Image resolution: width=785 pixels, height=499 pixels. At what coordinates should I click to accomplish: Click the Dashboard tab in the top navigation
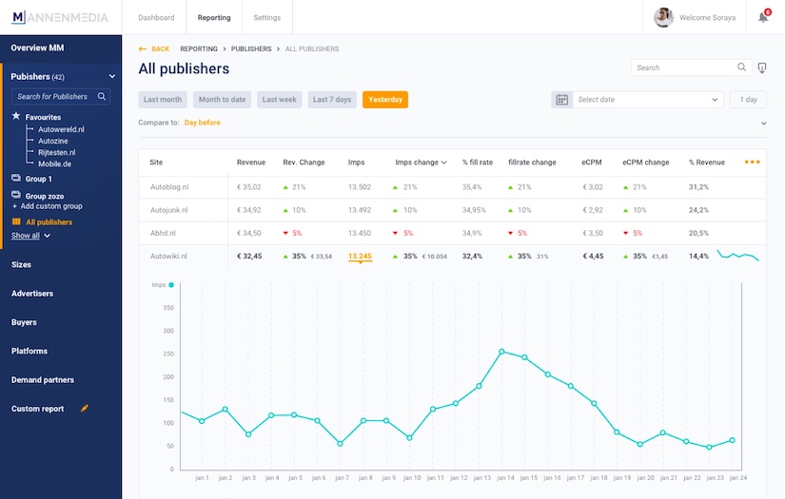[156, 17]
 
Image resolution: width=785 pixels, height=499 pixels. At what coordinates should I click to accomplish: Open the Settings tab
[266, 17]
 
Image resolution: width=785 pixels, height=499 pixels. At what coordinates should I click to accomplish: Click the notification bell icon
[762, 17]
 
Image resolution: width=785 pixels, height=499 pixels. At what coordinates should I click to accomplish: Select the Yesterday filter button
[385, 100]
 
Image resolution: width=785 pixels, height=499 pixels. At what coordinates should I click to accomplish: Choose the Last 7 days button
[332, 100]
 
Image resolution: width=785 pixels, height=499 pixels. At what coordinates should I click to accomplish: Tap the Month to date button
[222, 100]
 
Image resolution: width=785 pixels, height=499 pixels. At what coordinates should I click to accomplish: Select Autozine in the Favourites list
[54, 140]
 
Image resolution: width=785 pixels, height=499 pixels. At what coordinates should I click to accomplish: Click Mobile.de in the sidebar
[54, 163]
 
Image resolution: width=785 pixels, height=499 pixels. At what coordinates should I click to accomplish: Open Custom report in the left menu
[38, 409]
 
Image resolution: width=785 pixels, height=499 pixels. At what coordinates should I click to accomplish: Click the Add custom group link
[51, 206]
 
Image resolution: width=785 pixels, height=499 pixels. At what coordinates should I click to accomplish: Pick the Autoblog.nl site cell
[169, 187]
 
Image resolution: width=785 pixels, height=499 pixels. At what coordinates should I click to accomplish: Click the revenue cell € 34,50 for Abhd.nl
[249, 233]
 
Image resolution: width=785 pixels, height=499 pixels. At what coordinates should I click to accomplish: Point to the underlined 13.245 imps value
[360, 256]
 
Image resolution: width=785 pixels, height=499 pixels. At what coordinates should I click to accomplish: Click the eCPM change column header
[646, 163]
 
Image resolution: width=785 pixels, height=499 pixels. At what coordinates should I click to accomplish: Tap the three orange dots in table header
[752, 163]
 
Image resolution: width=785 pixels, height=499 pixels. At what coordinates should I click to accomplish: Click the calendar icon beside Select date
[561, 100]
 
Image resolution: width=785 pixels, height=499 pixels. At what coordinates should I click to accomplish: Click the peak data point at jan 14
[501, 351]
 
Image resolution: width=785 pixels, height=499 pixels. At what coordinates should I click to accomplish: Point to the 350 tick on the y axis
[167, 308]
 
